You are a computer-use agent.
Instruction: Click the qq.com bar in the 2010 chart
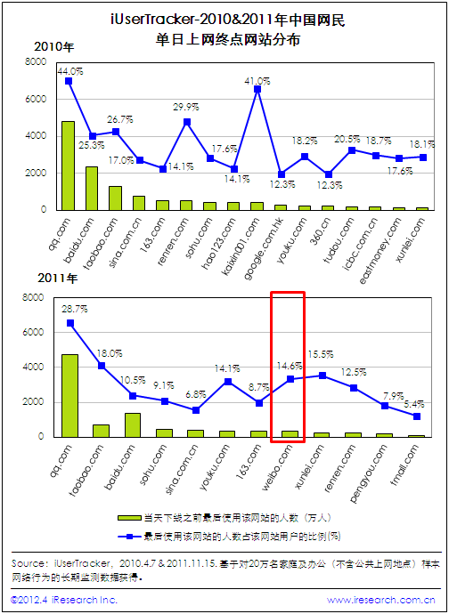coord(69,166)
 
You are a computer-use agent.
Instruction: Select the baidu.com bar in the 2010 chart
coord(92,189)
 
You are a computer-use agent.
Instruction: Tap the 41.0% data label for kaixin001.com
coord(257,81)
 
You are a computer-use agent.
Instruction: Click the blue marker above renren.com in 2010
coord(187,122)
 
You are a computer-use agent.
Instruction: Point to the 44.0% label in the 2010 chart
coord(70,71)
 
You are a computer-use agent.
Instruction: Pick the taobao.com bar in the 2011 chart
coord(101,431)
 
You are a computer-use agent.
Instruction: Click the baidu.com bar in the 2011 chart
coord(133,424)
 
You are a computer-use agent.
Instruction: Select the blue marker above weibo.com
coord(290,379)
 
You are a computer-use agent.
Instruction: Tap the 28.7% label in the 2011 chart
coord(75,309)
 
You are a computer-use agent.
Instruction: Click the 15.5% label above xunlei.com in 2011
coord(321,354)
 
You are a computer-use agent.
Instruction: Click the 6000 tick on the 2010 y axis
coord(37,100)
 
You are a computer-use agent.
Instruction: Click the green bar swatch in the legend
coord(129,518)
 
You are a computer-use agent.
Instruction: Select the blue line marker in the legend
coord(130,536)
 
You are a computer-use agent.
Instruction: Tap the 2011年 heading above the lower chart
coord(58,279)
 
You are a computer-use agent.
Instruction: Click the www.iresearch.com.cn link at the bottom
coord(380,600)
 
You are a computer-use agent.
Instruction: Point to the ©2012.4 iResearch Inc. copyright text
coord(64,600)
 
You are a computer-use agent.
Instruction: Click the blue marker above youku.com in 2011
coord(227,382)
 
